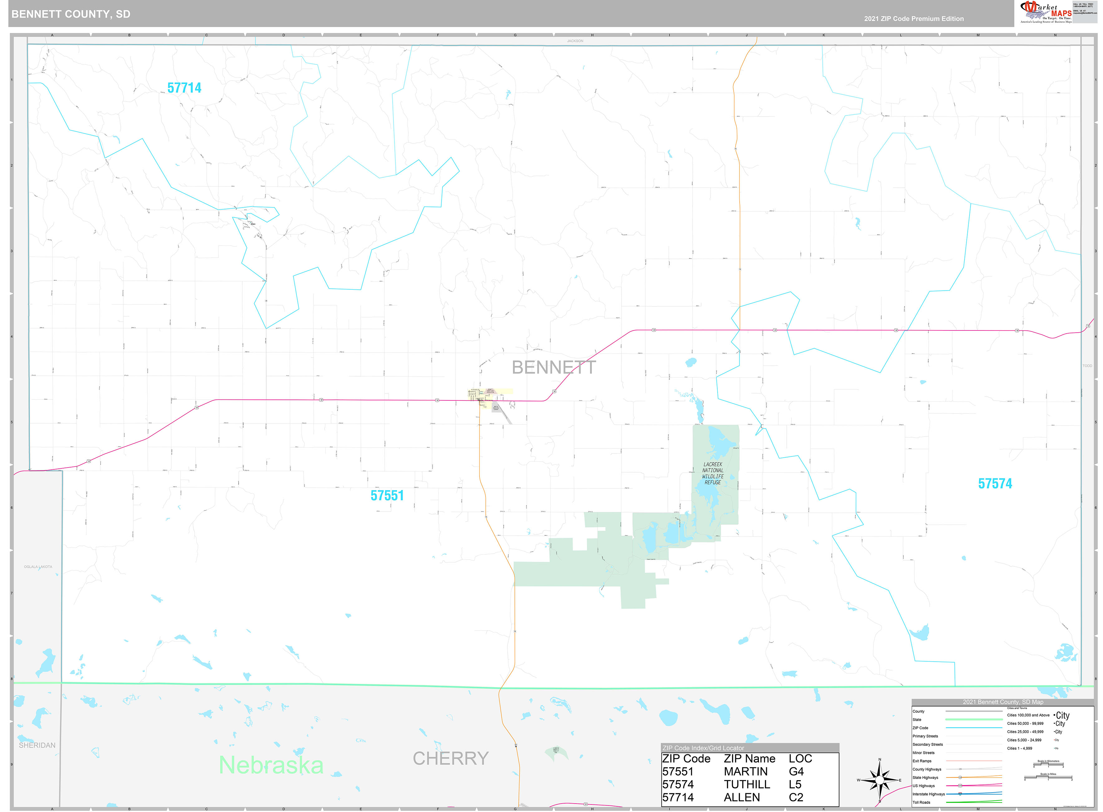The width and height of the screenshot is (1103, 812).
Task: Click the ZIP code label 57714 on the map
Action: pos(184,88)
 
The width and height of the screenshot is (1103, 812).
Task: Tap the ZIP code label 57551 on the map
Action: pos(387,495)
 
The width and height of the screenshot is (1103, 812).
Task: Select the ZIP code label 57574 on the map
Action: pos(995,484)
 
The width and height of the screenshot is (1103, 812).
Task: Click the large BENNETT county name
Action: pos(554,367)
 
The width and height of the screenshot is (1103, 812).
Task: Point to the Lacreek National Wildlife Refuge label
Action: pos(712,473)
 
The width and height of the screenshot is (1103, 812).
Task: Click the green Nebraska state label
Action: pos(271,765)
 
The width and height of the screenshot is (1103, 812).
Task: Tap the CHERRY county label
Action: pos(451,758)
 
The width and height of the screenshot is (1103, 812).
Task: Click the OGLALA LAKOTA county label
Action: pos(38,567)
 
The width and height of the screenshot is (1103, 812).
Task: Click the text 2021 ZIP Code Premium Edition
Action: pos(914,19)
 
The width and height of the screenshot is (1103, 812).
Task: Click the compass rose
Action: pos(879,780)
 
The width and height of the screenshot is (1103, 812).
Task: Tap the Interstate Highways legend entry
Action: pos(928,794)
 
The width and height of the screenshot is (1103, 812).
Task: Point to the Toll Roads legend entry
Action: pos(921,802)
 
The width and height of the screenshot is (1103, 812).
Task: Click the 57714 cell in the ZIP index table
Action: pos(678,797)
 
